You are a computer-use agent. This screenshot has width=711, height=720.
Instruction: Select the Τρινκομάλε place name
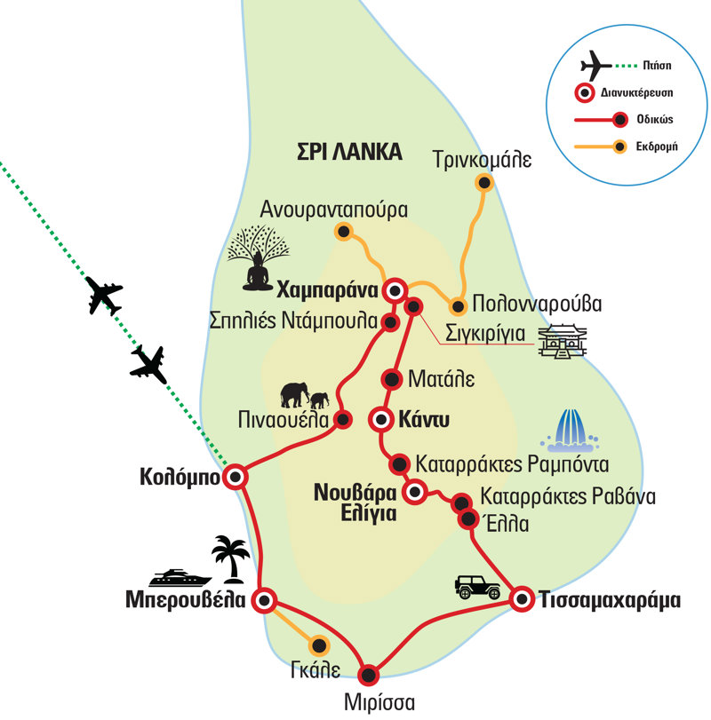point(482,160)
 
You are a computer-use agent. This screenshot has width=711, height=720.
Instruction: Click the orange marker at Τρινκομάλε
point(483,184)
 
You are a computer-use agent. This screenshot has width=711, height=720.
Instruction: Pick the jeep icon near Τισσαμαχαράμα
point(477,586)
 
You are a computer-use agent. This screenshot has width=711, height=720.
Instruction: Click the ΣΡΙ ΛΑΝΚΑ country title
point(349,152)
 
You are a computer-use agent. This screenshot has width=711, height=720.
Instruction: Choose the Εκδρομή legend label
point(658,146)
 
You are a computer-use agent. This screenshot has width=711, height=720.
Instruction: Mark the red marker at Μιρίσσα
point(369,672)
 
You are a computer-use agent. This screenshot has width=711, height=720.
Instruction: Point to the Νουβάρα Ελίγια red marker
point(413,491)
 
